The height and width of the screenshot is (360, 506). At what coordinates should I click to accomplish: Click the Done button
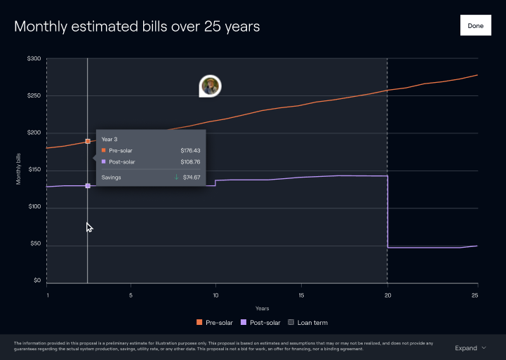(475, 25)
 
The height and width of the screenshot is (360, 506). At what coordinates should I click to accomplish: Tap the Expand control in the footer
(470, 348)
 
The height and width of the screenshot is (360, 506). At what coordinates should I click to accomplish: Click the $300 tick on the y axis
(34, 59)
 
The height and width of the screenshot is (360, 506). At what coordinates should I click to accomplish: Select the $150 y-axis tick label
(34, 171)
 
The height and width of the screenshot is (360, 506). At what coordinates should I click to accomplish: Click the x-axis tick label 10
(216, 295)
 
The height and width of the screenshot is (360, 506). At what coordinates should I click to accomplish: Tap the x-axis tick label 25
(474, 295)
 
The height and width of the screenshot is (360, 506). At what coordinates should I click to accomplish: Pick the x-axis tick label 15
(302, 295)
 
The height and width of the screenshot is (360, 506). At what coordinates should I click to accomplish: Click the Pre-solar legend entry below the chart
(215, 323)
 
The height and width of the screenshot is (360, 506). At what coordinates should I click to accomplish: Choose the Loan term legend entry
(309, 323)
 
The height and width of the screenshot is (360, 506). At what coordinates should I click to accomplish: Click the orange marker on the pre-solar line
(88, 141)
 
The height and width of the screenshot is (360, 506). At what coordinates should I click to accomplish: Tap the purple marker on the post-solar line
(88, 186)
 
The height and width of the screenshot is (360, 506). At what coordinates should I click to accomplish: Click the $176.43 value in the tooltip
(190, 150)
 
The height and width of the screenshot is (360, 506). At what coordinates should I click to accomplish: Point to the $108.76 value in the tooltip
(190, 162)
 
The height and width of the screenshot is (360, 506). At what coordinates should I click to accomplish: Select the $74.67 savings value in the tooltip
(192, 178)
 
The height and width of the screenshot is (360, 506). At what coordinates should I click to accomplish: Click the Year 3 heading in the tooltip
(109, 139)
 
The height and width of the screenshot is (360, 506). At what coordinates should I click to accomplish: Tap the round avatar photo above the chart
(210, 86)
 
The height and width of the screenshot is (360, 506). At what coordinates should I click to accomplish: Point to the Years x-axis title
(262, 309)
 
